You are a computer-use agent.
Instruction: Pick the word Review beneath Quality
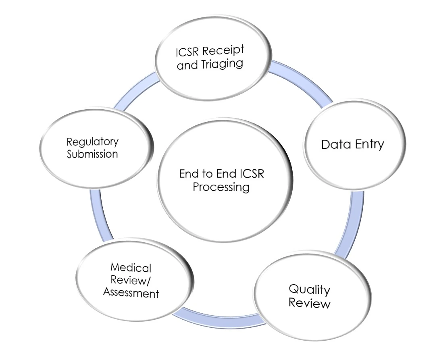(309, 303)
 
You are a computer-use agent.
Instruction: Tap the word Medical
(131, 268)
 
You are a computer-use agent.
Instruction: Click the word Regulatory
(93, 142)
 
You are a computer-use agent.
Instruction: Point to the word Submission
(92, 154)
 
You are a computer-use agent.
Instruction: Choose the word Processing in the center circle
(221, 187)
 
